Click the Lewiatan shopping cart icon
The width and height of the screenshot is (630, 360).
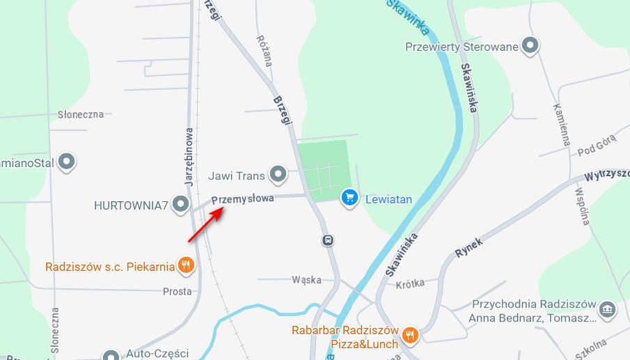point(349,198)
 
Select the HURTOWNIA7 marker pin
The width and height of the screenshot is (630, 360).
point(181,205)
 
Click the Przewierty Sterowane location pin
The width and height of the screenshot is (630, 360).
point(531,47)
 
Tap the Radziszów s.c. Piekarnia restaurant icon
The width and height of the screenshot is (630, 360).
point(185,265)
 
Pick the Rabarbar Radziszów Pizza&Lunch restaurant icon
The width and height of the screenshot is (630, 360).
point(410,336)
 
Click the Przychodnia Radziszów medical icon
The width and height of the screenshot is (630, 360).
point(606,308)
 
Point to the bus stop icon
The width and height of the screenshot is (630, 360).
point(327,240)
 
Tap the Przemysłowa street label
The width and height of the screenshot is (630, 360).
point(242,198)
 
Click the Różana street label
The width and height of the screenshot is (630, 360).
point(264,51)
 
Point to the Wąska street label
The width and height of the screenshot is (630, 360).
point(306,280)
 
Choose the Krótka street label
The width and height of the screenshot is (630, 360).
point(409,284)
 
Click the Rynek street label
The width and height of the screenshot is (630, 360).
point(468,248)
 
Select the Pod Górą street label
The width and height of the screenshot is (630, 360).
point(592,147)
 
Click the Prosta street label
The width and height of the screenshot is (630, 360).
point(177,291)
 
